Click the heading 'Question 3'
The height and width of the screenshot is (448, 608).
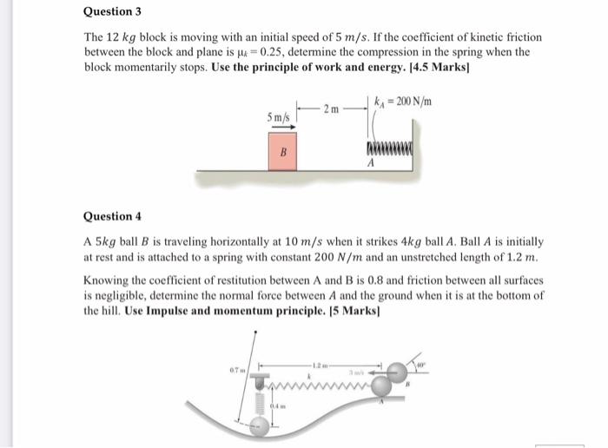click(x=112, y=12)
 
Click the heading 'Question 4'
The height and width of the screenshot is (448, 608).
click(x=112, y=216)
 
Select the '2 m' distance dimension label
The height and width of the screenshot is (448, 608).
click(x=331, y=108)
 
